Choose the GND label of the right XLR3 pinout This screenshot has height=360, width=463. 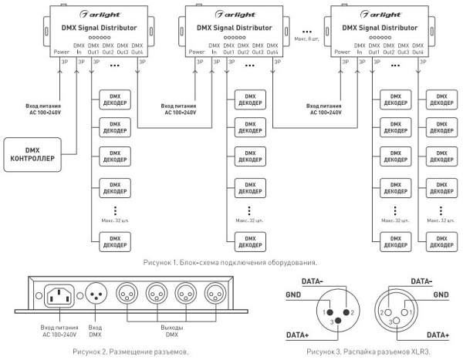click(x=440, y=294)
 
